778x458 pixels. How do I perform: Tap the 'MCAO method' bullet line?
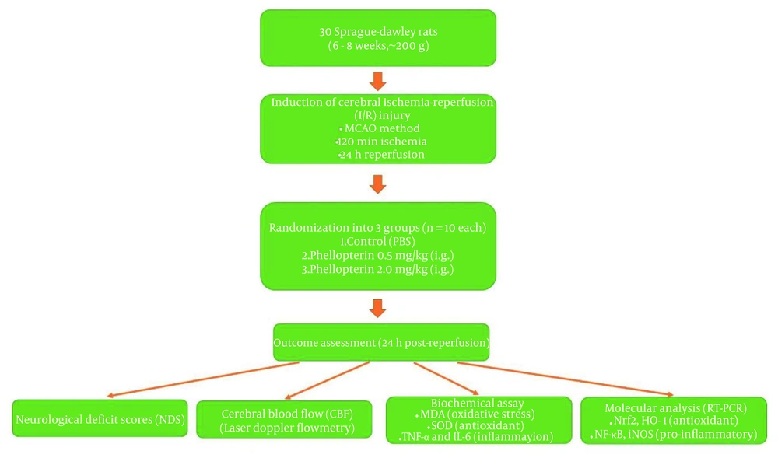point(377,128)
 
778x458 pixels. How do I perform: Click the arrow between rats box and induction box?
point(377,81)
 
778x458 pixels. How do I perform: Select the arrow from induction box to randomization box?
point(377,184)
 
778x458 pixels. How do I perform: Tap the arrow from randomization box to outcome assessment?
point(377,308)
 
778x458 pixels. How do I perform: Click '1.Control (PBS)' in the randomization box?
point(377,242)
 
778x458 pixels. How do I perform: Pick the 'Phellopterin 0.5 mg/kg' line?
point(377,256)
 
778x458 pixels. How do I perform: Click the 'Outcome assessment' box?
point(380,342)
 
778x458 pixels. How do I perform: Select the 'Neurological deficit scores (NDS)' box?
point(100,418)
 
